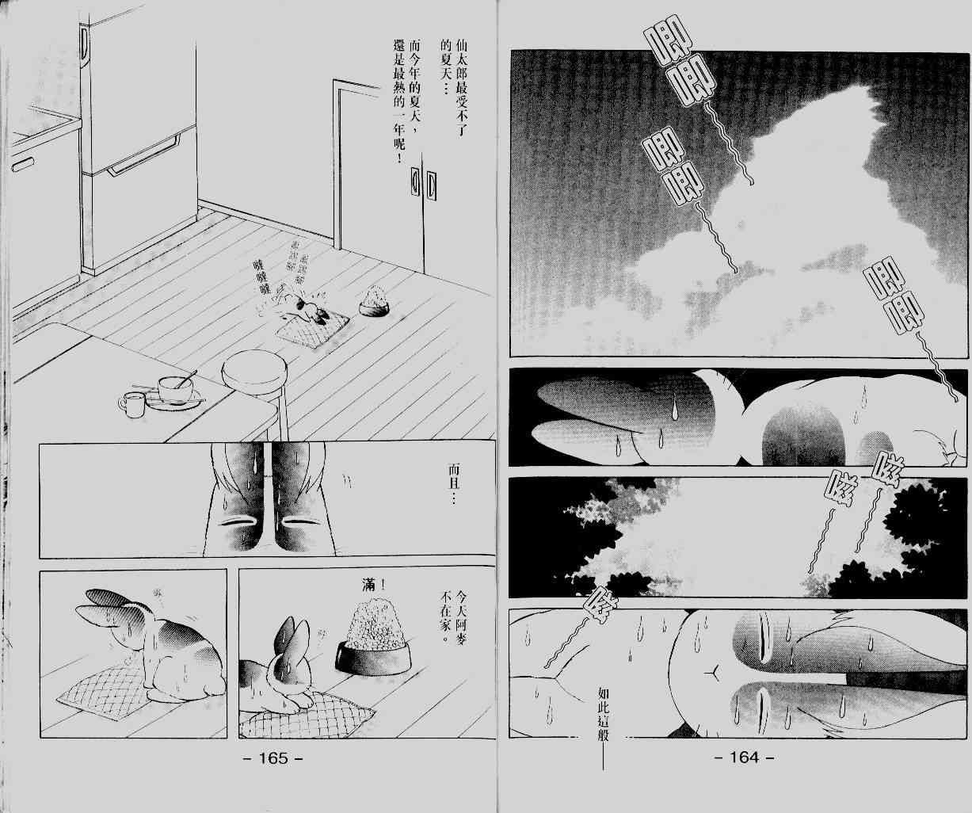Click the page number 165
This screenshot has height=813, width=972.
click(x=271, y=758)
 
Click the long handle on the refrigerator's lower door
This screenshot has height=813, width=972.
click(x=143, y=158)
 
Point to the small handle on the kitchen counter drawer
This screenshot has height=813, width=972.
click(x=23, y=163)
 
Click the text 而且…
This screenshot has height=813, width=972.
click(x=452, y=488)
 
